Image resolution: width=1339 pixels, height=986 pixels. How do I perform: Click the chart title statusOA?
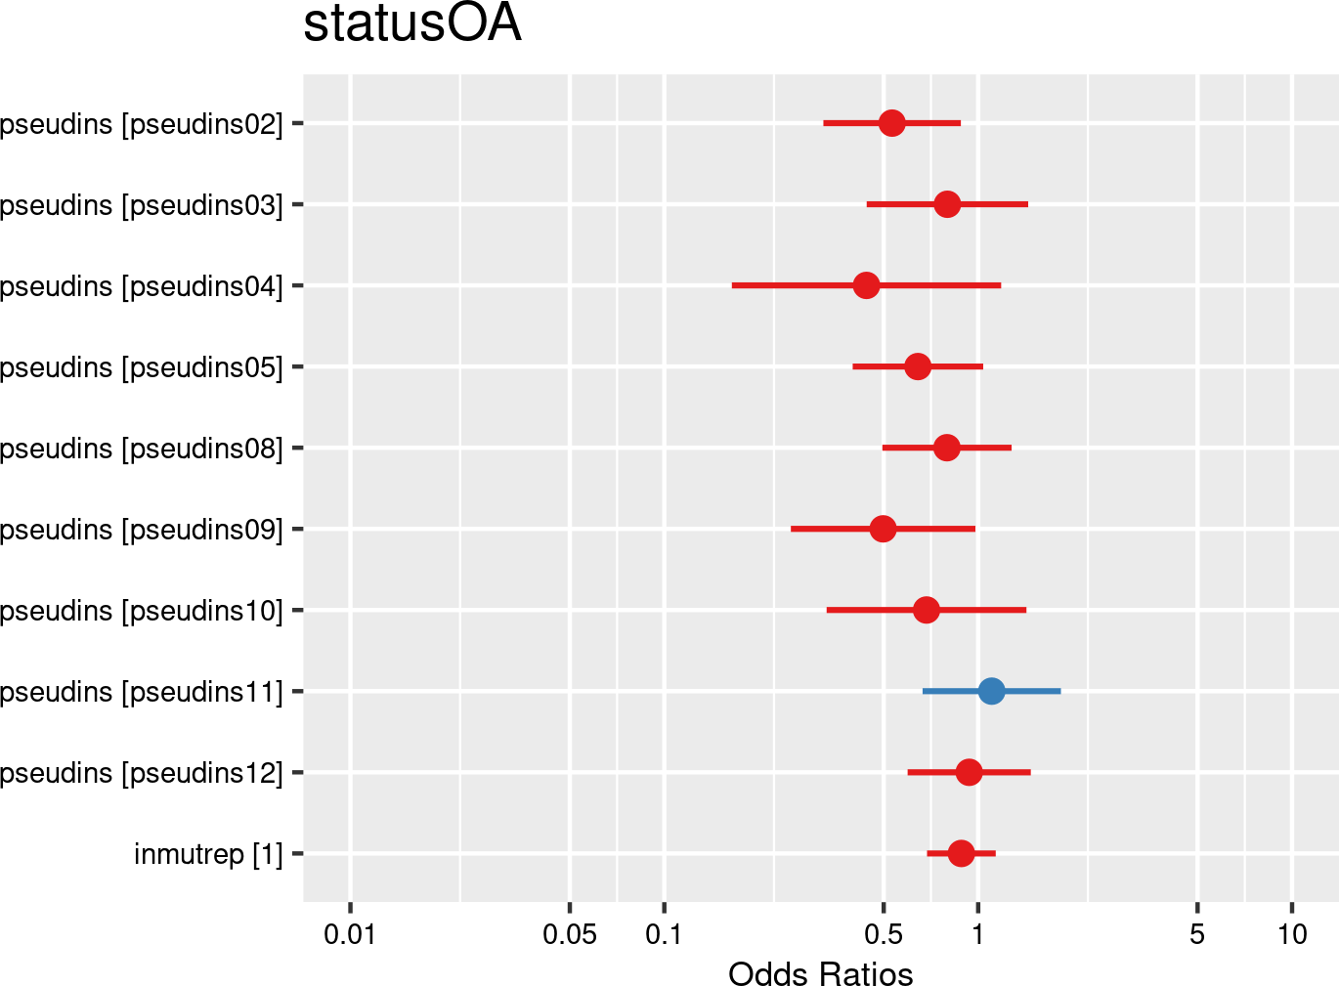(411, 24)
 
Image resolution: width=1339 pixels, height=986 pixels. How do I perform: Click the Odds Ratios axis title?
(820, 973)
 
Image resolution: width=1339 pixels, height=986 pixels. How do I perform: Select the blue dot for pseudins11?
(991, 691)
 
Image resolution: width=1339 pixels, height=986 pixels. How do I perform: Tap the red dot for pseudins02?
(891, 123)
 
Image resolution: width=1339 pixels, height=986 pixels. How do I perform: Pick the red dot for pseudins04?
(866, 285)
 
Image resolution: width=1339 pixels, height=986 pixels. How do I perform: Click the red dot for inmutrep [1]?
(961, 853)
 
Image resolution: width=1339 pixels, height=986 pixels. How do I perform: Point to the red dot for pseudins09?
(883, 529)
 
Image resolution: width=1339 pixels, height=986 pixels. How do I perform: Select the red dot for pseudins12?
(969, 772)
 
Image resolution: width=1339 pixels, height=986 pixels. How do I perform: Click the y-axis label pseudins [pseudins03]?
(142, 205)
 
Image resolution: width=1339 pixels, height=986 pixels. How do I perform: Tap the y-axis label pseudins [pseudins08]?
(142, 449)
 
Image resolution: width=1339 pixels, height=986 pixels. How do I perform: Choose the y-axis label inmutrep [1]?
(208, 854)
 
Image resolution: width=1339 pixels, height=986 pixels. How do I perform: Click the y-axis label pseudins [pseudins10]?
(142, 611)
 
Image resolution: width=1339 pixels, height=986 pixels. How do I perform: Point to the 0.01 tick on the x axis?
(350, 934)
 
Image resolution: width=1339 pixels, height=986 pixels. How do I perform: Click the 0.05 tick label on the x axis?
(570, 934)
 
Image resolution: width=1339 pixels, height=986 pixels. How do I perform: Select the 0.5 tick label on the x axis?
(883, 934)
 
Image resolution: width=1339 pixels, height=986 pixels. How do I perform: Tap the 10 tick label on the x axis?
(1292, 934)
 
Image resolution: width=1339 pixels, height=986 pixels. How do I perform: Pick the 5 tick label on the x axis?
(1197, 934)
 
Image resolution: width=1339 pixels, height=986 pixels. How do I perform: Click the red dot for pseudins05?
(918, 366)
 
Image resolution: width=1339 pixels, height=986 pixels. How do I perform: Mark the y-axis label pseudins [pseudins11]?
(142, 692)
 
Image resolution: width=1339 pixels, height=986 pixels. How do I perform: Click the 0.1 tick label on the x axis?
(664, 934)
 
